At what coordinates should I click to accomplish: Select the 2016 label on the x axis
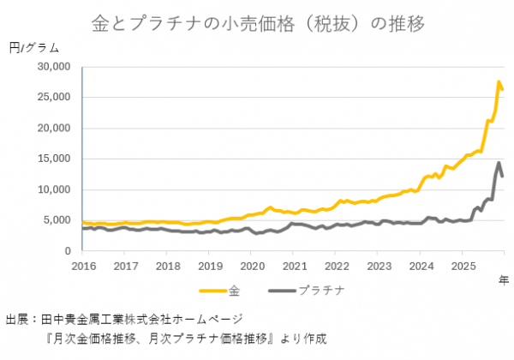click(83, 265)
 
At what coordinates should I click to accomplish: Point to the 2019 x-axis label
click(209, 265)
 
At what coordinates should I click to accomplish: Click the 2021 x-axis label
click(293, 265)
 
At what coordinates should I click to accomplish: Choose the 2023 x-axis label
click(378, 265)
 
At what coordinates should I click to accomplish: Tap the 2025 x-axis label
click(462, 265)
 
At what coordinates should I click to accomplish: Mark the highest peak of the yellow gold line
click(499, 82)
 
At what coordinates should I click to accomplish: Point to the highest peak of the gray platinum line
click(499, 163)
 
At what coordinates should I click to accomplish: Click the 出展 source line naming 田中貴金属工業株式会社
click(124, 319)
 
